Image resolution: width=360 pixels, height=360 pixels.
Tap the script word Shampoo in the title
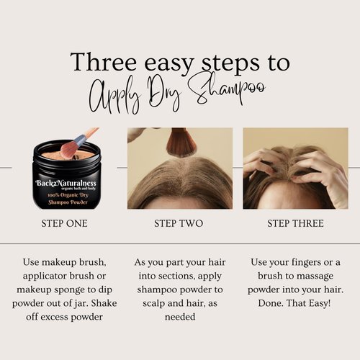(x=228, y=94)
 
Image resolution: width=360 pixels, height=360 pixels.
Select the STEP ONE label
(x=65, y=223)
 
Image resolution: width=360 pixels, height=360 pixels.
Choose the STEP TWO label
(x=180, y=223)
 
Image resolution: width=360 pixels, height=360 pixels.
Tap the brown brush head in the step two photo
(x=181, y=142)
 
